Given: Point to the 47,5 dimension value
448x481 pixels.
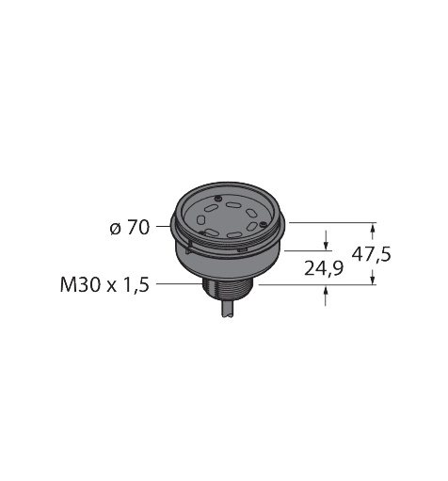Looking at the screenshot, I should pyautogui.click(x=372, y=253).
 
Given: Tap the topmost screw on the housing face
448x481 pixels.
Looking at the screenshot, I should pyautogui.click(x=217, y=200).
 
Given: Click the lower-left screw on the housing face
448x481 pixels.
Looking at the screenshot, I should pyautogui.click(x=200, y=233).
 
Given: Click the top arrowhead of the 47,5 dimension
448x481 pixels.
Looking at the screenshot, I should pyautogui.click(x=375, y=228).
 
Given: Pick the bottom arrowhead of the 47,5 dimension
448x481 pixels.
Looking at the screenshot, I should pyautogui.click(x=375, y=279).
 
